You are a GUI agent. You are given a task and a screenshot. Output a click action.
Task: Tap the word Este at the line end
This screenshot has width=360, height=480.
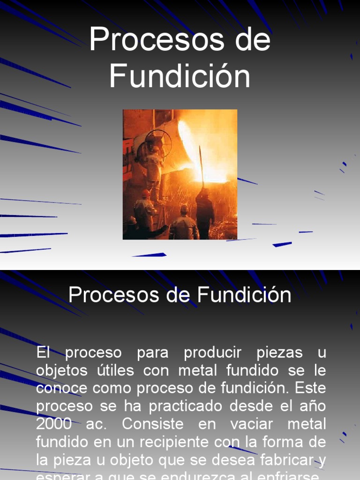pyautogui.click(x=311, y=388)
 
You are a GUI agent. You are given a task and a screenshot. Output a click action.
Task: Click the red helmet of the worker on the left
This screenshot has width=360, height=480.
pyautogui.click(x=146, y=193)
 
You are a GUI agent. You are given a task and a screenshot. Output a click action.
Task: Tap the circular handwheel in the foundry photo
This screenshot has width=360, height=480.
pyautogui.click(x=158, y=142)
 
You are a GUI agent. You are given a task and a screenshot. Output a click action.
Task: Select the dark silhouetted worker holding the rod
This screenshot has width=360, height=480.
pyautogui.click(x=204, y=211)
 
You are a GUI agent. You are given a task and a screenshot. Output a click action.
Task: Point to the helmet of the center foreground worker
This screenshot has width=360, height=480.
pyautogui.click(x=184, y=209)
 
